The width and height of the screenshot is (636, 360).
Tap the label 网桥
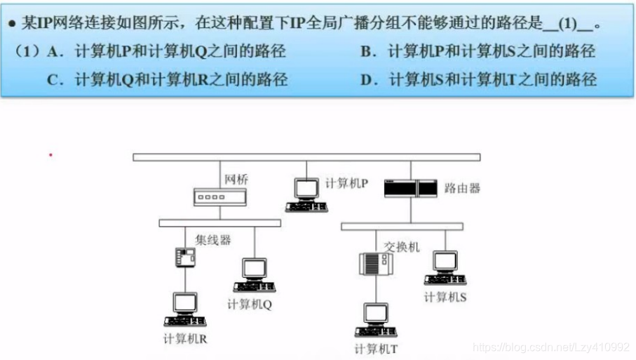click(x=236, y=180)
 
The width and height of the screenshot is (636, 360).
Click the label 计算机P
click(x=346, y=183)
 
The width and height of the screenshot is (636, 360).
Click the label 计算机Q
click(x=250, y=305)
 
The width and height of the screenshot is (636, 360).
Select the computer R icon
click(x=184, y=309)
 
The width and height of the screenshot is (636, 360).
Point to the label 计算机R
click(x=185, y=339)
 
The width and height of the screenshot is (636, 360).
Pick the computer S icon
click(x=445, y=267)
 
